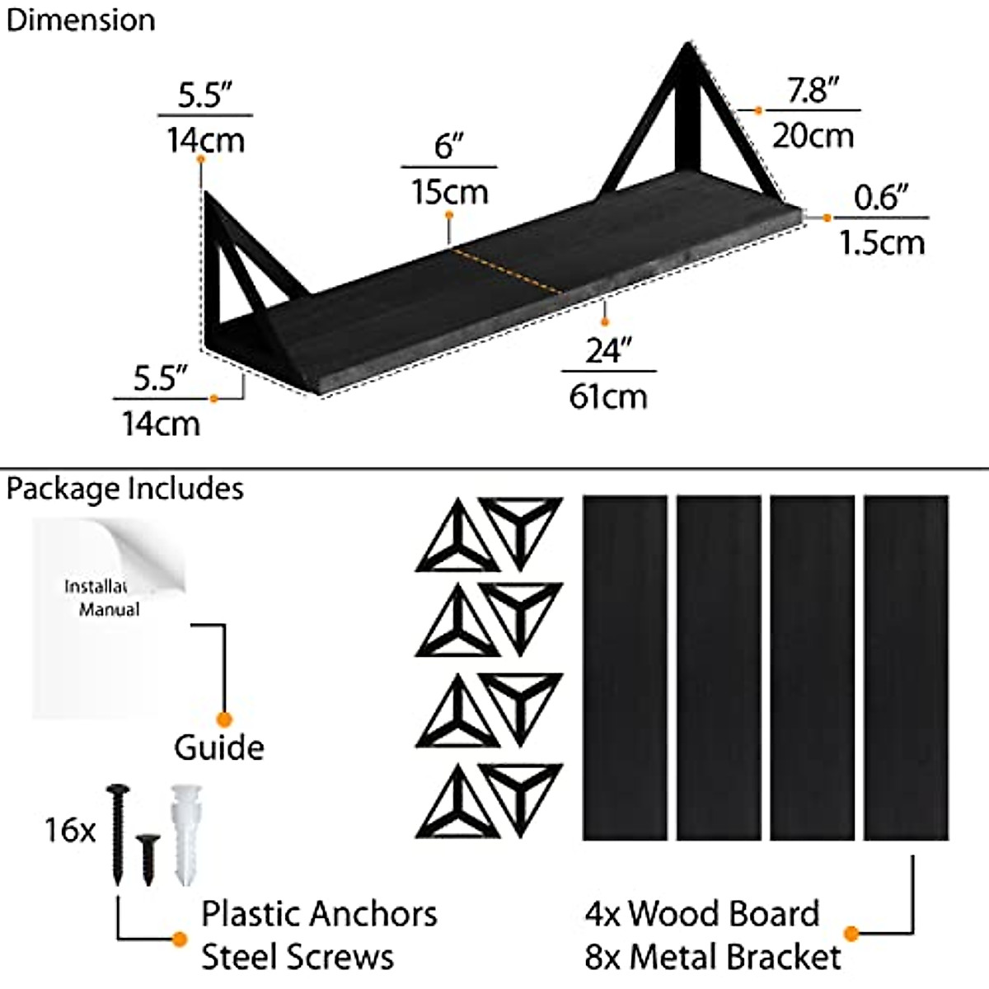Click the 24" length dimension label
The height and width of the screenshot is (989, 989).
click(608, 352)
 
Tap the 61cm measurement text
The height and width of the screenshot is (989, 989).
click(608, 396)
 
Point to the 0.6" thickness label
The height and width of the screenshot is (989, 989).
click(881, 198)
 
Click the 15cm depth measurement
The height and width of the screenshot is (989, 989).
click(450, 192)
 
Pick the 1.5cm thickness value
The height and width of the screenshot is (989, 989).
click(881, 242)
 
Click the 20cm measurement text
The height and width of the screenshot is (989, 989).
click(813, 135)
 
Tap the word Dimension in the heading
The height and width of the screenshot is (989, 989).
click(81, 20)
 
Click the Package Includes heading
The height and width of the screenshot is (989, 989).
click(125, 489)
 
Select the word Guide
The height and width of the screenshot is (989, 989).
click(218, 747)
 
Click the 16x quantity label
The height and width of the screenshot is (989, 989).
click(70, 830)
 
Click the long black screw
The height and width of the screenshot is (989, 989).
click(117, 832)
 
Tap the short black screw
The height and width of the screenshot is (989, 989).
click(148, 857)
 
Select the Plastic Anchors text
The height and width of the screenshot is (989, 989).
click(319, 914)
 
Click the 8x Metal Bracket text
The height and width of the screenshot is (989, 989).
click(713, 957)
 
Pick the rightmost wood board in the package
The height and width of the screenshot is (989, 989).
click(907, 668)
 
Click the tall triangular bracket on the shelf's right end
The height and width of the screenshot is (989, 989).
click(683, 124)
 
